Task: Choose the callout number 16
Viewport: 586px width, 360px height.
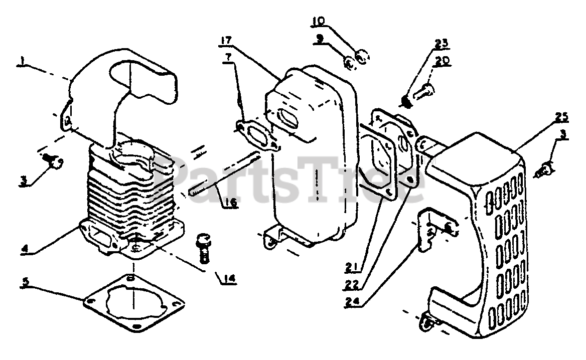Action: tap(231, 204)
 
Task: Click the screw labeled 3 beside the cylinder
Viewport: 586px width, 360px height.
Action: tap(53, 161)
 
